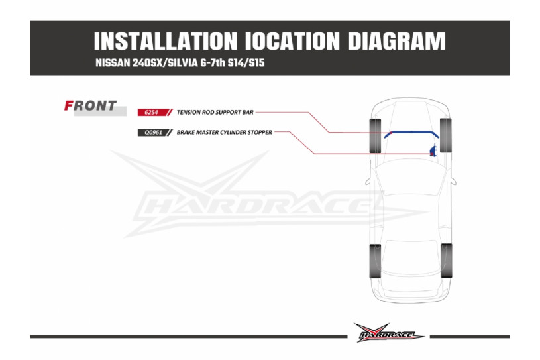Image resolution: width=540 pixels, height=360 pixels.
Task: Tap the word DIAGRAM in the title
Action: click(396, 42)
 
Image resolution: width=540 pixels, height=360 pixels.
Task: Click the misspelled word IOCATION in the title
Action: click(292, 42)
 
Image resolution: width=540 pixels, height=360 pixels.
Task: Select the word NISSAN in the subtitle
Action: click(113, 63)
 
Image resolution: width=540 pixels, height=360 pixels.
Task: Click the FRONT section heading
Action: click(91, 106)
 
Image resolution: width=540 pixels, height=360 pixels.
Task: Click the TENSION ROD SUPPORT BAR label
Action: click(215, 112)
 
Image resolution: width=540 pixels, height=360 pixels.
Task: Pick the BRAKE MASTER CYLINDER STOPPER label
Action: click(224, 133)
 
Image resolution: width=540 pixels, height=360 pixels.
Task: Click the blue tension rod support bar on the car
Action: click(411, 132)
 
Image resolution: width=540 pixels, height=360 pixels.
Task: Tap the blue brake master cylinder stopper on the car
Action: click(433, 151)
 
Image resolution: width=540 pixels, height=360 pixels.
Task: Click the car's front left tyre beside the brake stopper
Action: click(445, 135)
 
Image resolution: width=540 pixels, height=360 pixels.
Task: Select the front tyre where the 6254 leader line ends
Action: click(376, 136)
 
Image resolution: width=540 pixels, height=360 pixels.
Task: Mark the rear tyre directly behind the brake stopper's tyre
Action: click(446, 261)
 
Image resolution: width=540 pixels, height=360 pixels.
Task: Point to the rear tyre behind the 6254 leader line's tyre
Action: click(376, 261)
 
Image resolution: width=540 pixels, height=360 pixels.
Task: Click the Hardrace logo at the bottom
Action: click(389, 333)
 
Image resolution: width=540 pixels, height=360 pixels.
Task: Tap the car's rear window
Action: click(410, 255)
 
